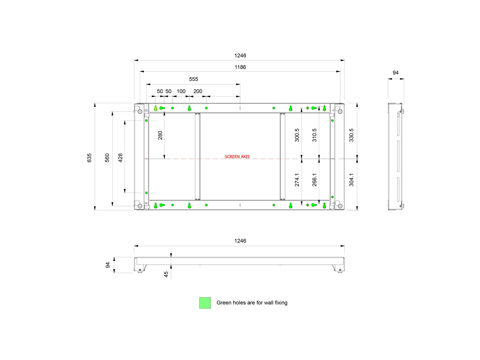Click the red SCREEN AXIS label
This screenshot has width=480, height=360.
coord(237,157)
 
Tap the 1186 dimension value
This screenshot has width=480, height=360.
coord(240,67)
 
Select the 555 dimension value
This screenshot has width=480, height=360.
coord(193,79)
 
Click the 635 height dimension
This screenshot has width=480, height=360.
coord(89,158)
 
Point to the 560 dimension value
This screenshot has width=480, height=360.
coord(107,158)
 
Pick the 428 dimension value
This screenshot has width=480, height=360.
coord(120,158)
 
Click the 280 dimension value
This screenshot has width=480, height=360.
coord(160,135)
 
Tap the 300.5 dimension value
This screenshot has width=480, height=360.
coord(297,135)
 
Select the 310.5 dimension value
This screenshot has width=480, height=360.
coord(314,135)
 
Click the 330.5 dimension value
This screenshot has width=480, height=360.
coord(351,135)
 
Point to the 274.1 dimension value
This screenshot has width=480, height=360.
coord(297,180)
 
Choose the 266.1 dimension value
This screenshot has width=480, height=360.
coord(314,180)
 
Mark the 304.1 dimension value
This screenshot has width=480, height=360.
coord(351,180)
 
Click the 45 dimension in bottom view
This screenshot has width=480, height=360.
coord(166,274)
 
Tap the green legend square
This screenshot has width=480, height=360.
coord(205,303)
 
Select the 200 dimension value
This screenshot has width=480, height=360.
coord(198,91)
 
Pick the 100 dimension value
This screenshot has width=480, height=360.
coord(181,91)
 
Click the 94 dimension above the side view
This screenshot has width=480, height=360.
coord(395,73)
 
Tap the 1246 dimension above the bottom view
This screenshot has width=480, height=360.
coord(240,241)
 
